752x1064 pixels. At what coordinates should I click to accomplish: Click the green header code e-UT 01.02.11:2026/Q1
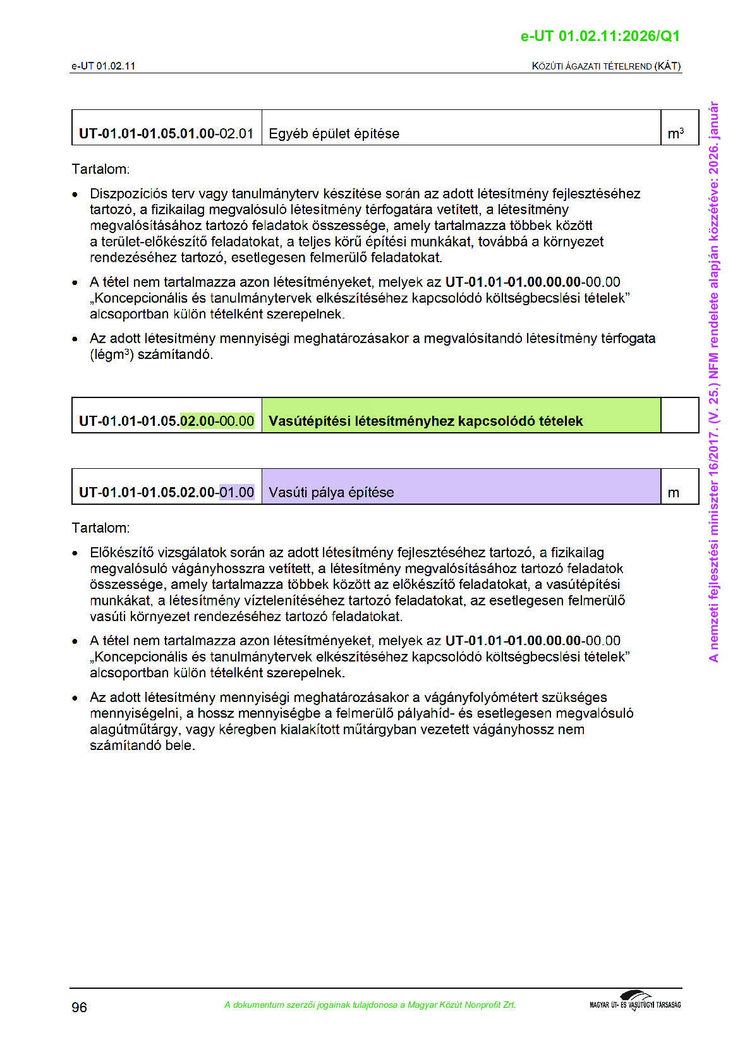point(600,36)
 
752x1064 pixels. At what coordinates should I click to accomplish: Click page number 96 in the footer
point(79,1007)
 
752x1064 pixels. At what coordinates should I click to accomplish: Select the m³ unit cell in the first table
point(676,133)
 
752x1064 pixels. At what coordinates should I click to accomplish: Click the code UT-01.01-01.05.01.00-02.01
point(166,133)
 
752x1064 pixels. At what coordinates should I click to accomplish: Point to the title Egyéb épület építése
point(334,133)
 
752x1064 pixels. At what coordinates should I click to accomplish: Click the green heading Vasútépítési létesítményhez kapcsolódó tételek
point(425,421)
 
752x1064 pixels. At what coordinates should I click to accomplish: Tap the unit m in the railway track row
point(674,492)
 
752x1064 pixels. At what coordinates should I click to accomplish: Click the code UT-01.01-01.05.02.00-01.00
point(166,492)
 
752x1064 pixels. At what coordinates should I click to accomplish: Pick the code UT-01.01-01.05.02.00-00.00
point(166,421)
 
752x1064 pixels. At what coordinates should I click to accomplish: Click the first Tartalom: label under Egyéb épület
point(100,169)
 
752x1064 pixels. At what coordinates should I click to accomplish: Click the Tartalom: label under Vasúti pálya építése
point(100,528)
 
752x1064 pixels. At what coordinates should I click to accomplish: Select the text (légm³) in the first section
point(111,354)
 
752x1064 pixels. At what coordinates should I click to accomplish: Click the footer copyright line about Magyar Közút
point(370,1005)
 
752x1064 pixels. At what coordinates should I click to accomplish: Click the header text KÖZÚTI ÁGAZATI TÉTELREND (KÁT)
point(606,66)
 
